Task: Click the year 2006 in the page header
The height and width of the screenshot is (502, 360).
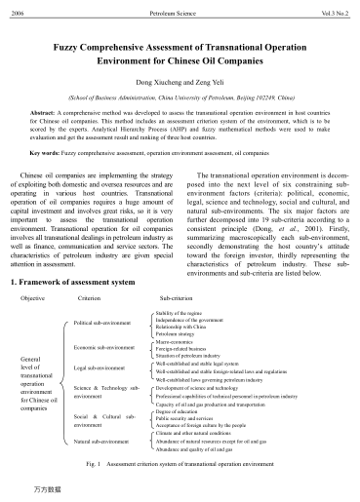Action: coord(16,9)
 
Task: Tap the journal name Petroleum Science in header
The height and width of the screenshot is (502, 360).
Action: coord(180,9)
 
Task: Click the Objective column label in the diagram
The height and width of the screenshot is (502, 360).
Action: coord(34,296)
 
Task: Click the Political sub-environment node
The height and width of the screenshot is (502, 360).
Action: coord(104,321)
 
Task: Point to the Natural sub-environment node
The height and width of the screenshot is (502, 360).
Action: coord(102,443)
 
